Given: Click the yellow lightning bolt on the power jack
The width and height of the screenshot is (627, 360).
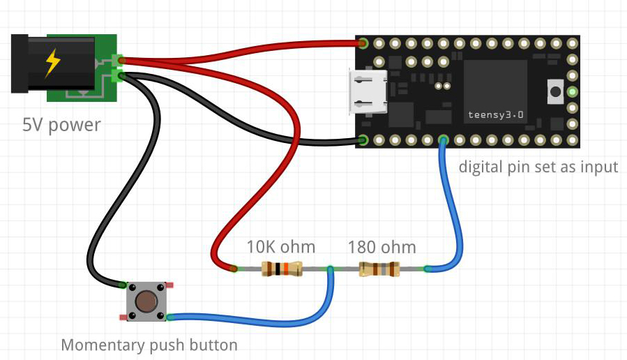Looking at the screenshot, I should pyautogui.click(x=52, y=63).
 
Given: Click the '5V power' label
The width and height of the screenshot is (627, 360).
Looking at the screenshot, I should pyautogui.click(x=61, y=126).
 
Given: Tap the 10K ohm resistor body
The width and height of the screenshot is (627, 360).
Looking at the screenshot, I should pyautogui.click(x=281, y=269).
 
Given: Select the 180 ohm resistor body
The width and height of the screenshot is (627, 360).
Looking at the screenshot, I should pyautogui.click(x=379, y=269).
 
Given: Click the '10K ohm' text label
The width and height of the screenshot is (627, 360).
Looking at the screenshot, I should pyautogui.click(x=280, y=247).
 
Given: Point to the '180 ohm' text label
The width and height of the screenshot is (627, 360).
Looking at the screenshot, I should pyautogui.click(x=382, y=247).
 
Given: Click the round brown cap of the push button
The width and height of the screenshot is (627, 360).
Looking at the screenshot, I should pyautogui.click(x=146, y=301).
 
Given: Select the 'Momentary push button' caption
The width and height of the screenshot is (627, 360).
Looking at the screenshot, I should pyautogui.click(x=149, y=345).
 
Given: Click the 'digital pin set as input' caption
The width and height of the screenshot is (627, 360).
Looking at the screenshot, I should pyautogui.click(x=538, y=167).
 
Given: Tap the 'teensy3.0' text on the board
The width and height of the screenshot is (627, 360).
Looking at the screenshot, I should pyautogui.click(x=494, y=113).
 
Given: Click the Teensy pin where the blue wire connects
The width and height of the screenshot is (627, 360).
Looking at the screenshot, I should pyautogui.click(x=444, y=140).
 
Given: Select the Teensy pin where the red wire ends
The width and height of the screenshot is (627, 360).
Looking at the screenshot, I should pyautogui.click(x=363, y=43).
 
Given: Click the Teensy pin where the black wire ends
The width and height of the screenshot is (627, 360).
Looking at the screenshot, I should pyautogui.click(x=363, y=140).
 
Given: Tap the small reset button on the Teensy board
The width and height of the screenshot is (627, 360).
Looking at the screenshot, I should pyautogui.click(x=556, y=91).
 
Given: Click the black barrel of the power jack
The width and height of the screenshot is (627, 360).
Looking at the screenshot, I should pyautogui.click(x=52, y=64).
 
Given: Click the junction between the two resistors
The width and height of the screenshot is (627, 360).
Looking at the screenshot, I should pyautogui.click(x=330, y=269).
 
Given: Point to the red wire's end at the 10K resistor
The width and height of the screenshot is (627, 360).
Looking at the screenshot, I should pyautogui.click(x=234, y=268).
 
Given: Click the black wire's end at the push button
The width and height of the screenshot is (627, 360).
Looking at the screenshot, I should pyautogui.click(x=123, y=285).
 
